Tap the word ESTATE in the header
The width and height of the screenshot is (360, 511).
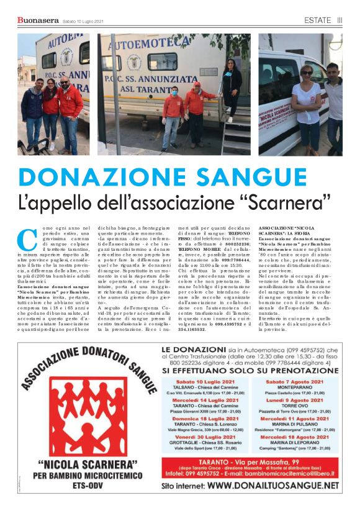click(x=317, y=20)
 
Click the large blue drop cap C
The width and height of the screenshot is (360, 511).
click(x=27, y=240)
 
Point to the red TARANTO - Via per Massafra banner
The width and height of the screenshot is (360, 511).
click(x=250, y=463)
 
